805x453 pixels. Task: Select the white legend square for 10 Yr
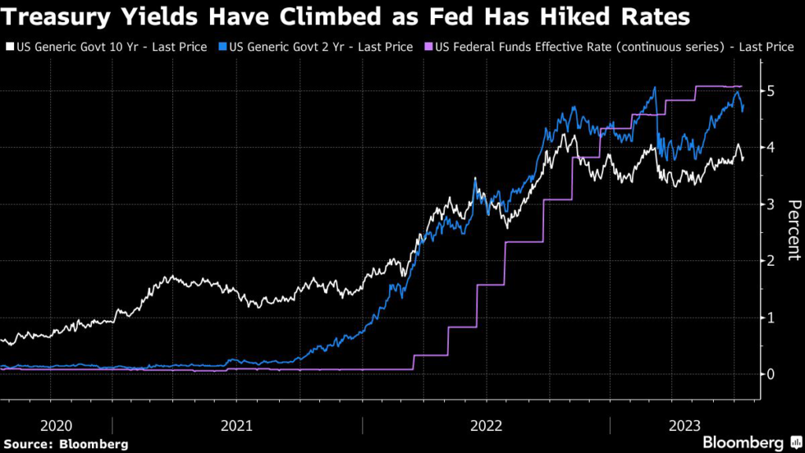[x=9, y=48]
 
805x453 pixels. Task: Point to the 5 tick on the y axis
[x=772, y=91]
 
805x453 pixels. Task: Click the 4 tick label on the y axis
[x=772, y=148]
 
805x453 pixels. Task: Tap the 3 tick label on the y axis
[x=772, y=204]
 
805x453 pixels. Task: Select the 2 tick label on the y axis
[x=772, y=261]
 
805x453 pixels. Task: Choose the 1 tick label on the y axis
[x=772, y=318]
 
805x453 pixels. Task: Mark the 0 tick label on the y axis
[x=772, y=374]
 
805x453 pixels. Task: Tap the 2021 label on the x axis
[x=237, y=425]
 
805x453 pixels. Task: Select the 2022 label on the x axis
[x=487, y=425]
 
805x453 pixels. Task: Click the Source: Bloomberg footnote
[x=65, y=444]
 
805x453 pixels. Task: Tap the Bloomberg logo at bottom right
[x=743, y=442]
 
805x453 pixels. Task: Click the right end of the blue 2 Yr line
[x=744, y=109]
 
